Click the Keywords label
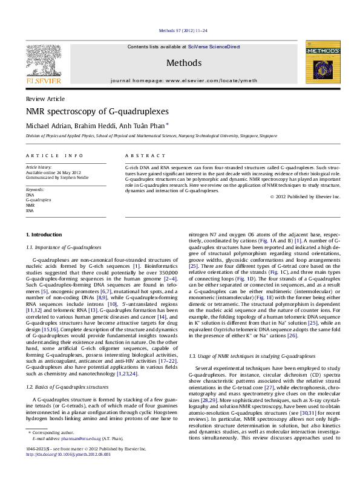[x=35, y=189]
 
